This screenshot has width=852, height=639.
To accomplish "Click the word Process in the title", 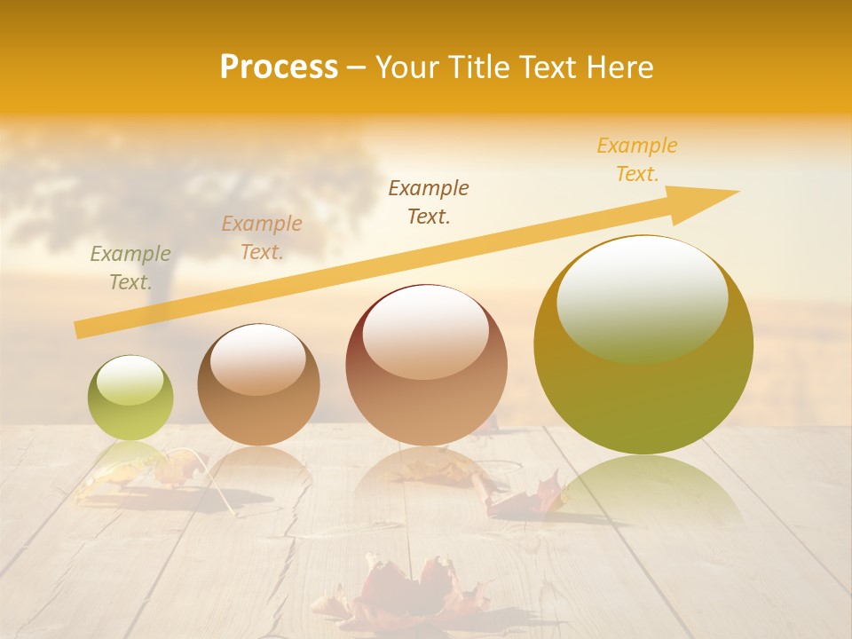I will [x=279, y=67].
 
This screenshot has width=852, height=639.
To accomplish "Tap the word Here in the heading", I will [x=619, y=67].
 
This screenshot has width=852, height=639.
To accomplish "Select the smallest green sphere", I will [x=130, y=398].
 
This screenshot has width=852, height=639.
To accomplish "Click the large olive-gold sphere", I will [x=643, y=344].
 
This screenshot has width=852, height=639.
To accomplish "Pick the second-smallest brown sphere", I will [x=258, y=384].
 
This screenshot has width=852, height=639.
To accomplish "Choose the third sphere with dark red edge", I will [x=426, y=365].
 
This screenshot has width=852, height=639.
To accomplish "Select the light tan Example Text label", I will [x=262, y=238].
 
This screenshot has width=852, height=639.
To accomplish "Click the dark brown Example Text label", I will [x=429, y=201].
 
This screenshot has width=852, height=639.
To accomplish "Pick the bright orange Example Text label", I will [x=637, y=160].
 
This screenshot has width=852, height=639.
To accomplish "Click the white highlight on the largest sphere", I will [x=642, y=297].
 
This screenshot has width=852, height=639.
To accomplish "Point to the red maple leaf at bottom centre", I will [x=404, y=590].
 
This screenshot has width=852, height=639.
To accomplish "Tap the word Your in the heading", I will [x=406, y=67].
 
